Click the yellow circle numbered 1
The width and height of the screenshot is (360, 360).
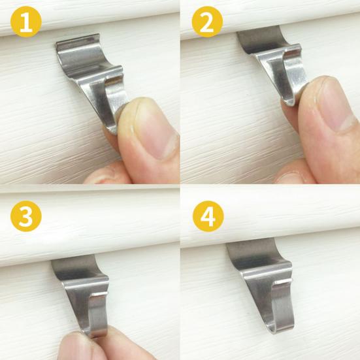click(26, 22)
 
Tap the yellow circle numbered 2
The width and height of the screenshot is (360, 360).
click(207, 22)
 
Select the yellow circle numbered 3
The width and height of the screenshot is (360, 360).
click(26, 216)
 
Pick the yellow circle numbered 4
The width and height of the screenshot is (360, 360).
click(208, 216)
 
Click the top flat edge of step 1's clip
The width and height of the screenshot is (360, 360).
click(78, 39)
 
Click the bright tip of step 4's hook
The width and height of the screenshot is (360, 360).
click(284, 281)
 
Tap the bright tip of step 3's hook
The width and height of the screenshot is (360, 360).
click(101, 295)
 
